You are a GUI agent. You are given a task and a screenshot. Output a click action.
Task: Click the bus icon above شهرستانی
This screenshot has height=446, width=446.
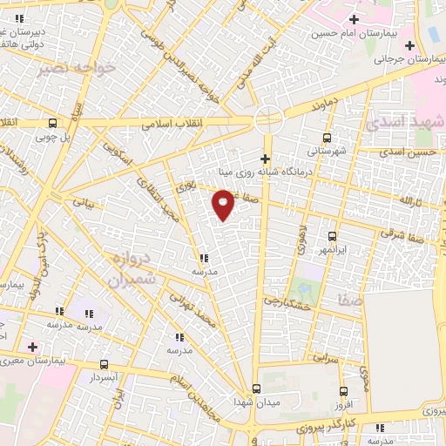pos(327,138)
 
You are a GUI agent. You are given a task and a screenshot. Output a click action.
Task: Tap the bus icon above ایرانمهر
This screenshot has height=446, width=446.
pos(332,236)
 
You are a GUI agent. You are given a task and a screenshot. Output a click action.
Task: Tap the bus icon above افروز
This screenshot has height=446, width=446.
pos(343,391)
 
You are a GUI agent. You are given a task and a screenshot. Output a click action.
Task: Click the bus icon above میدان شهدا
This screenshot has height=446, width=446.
pos(256,389)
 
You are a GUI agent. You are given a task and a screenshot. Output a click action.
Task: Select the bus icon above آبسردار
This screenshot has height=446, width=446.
pos(105,365)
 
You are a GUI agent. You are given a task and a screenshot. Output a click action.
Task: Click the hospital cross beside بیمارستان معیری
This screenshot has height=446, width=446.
pos(32,347)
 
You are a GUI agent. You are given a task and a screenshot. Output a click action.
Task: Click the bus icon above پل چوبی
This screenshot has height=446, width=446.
pos(53,123)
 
